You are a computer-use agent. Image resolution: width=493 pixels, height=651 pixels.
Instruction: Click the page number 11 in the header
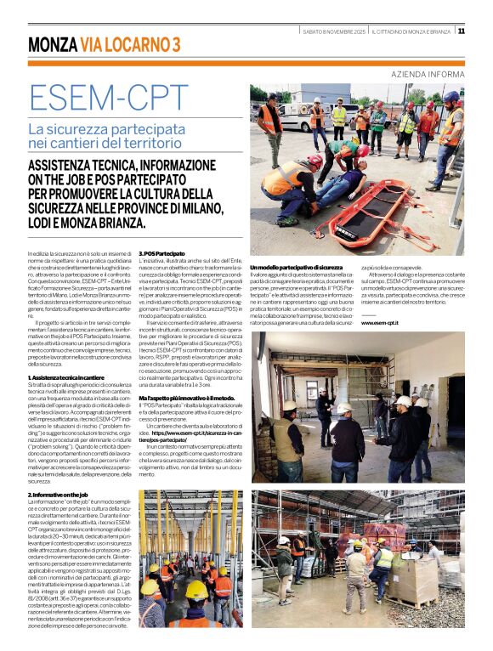(462, 31)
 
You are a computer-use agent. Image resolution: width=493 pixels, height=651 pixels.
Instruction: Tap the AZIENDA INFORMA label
(428, 75)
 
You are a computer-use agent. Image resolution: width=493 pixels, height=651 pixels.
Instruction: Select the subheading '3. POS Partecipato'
(161, 254)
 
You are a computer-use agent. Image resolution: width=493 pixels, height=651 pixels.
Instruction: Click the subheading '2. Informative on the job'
(59, 495)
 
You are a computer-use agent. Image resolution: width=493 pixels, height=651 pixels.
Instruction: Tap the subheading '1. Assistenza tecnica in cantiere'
(66, 376)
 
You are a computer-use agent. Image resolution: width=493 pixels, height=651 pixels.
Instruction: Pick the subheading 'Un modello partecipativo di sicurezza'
(296, 268)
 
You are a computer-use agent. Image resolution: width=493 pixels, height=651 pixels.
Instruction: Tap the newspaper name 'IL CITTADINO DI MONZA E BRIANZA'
(411, 31)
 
